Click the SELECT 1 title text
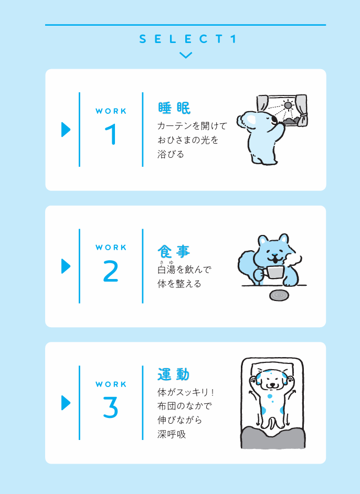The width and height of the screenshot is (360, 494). point(187,39)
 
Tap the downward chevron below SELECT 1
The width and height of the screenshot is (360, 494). point(186,56)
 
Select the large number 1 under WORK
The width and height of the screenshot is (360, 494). point(111,134)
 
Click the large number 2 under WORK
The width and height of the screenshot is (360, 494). point(111,271)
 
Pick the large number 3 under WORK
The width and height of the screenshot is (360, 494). point(111,407)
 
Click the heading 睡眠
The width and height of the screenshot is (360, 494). point(174,108)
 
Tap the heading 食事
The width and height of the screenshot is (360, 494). point(174,251)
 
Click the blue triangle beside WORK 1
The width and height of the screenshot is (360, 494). point(66,130)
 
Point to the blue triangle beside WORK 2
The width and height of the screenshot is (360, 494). point(66,266)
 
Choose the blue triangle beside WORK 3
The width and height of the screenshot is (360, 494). point(66,403)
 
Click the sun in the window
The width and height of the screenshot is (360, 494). point(287,105)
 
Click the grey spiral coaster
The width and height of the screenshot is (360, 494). point(279,296)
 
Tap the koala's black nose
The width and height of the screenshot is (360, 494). point(274,120)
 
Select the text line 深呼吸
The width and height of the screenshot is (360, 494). point(172,434)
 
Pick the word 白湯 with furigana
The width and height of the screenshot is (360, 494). point(166,268)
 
